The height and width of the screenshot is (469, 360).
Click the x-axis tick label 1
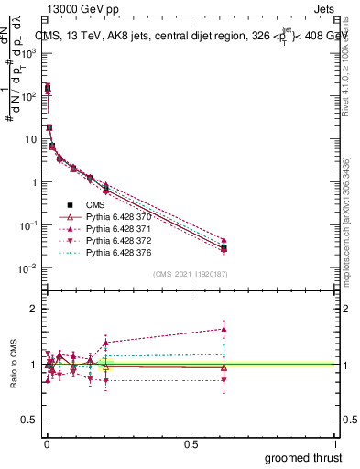coord(336,443)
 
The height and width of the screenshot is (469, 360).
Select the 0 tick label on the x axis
coord(46,443)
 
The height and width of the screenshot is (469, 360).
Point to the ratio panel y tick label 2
coord(32,309)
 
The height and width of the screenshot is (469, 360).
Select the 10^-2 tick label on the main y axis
coord(27,268)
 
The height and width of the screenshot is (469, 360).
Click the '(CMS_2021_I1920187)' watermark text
coord(189,274)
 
